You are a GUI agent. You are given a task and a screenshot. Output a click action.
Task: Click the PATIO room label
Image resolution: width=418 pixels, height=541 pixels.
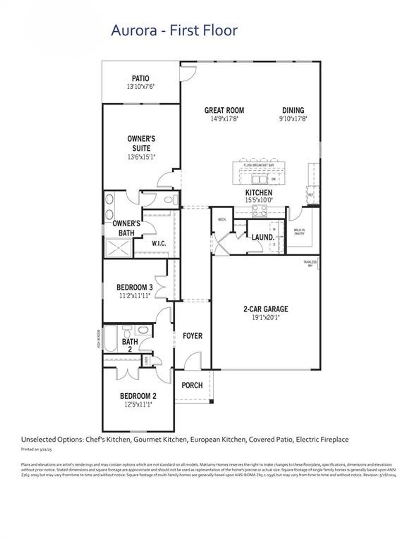click(x=140, y=78)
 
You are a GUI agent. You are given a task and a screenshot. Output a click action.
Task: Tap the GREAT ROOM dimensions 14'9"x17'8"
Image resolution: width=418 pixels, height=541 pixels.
click(x=224, y=119)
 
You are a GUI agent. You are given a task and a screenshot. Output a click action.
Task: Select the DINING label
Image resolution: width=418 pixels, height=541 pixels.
click(x=293, y=110)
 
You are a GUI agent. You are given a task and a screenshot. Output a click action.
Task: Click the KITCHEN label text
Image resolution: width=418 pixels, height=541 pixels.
click(x=259, y=193)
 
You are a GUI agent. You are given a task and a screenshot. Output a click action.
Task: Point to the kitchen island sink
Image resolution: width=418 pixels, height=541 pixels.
click(x=260, y=179)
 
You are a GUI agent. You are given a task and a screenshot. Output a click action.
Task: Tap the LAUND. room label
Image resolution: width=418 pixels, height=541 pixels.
click(x=263, y=237)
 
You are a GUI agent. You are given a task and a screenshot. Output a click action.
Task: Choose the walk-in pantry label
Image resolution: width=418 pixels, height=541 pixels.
click(x=299, y=232)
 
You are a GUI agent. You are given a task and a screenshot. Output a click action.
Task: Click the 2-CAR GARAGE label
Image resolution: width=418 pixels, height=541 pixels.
click(x=265, y=309)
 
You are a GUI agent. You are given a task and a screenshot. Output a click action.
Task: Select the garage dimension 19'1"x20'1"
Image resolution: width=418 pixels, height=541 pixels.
click(x=265, y=317)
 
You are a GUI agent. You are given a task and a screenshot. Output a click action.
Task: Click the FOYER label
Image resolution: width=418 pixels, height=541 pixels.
click(x=192, y=336)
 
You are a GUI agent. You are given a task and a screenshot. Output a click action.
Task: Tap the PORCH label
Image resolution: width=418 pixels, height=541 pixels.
click(x=192, y=385)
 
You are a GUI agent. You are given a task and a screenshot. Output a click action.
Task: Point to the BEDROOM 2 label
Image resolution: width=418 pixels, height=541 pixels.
click(x=138, y=396)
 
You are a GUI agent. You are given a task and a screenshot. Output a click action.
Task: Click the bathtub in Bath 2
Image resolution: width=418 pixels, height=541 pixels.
click(x=111, y=338)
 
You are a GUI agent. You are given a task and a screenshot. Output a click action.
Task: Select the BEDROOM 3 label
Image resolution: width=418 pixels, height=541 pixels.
click(x=135, y=287)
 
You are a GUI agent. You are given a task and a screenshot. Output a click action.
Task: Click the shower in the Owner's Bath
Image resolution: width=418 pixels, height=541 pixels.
click(x=119, y=248)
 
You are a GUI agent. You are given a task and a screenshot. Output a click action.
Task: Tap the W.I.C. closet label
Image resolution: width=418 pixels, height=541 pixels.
click(x=159, y=243)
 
